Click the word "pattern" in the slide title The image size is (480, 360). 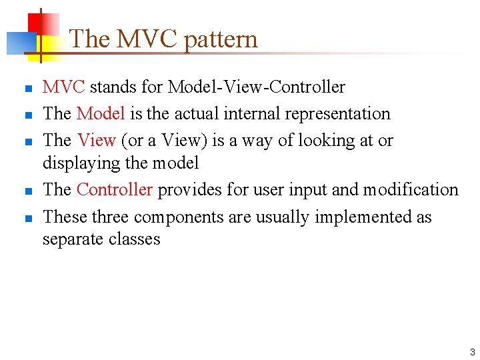coord(220,39)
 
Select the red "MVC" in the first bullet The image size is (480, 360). coord(63,87)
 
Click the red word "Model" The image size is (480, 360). coord(101,114)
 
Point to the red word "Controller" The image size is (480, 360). coord(115,190)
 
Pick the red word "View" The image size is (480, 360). coord(97,141)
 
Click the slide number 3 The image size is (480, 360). coord(472,352)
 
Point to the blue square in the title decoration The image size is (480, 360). coord(19,43)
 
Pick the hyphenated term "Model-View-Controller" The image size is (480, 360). coord(256,87)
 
